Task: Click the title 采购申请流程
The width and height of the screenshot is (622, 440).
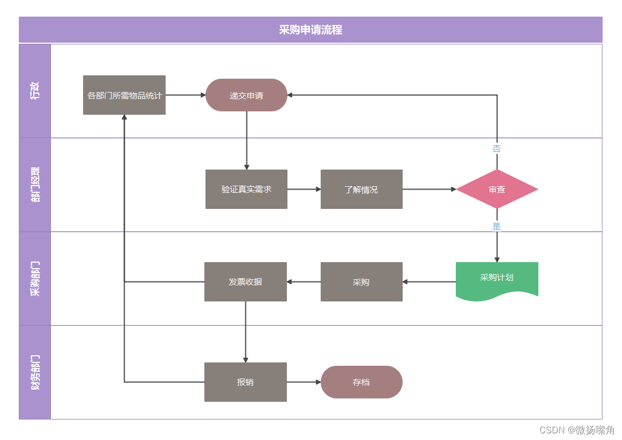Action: click(x=310, y=30)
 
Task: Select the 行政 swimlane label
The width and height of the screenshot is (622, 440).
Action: click(x=35, y=90)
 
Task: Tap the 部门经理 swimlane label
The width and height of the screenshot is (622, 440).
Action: click(x=35, y=185)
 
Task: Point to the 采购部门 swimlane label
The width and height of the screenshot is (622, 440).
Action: click(x=35, y=278)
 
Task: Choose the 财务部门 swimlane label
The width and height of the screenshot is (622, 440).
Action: click(x=35, y=372)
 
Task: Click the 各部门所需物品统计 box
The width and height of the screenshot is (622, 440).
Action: click(x=124, y=95)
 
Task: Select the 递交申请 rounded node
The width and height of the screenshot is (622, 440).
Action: click(x=246, y=95)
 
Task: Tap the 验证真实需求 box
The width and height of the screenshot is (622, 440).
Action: click(x=246, y=190)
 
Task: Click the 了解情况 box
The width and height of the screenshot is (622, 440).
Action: click(x=361, y=190)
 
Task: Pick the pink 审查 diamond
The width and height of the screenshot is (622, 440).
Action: click(x=497, y=190)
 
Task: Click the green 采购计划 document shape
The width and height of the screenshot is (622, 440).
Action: click(x=497, y=279)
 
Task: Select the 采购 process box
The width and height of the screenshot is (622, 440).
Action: click(x=361, y=282)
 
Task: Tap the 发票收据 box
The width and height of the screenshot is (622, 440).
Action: click(x=245, y=282)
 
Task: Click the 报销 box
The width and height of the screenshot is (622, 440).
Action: click(x=245, y=382)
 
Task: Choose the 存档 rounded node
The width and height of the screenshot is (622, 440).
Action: click(x=361, y=382)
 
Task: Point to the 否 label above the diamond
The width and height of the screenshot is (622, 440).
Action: click(x=497, y=149)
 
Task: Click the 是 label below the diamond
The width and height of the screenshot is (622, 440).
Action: click(x=497, y=226)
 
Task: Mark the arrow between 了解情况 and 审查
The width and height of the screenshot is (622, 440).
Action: click(x=429, y=190)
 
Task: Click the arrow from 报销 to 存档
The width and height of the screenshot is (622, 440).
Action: click(x=304, y=382)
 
